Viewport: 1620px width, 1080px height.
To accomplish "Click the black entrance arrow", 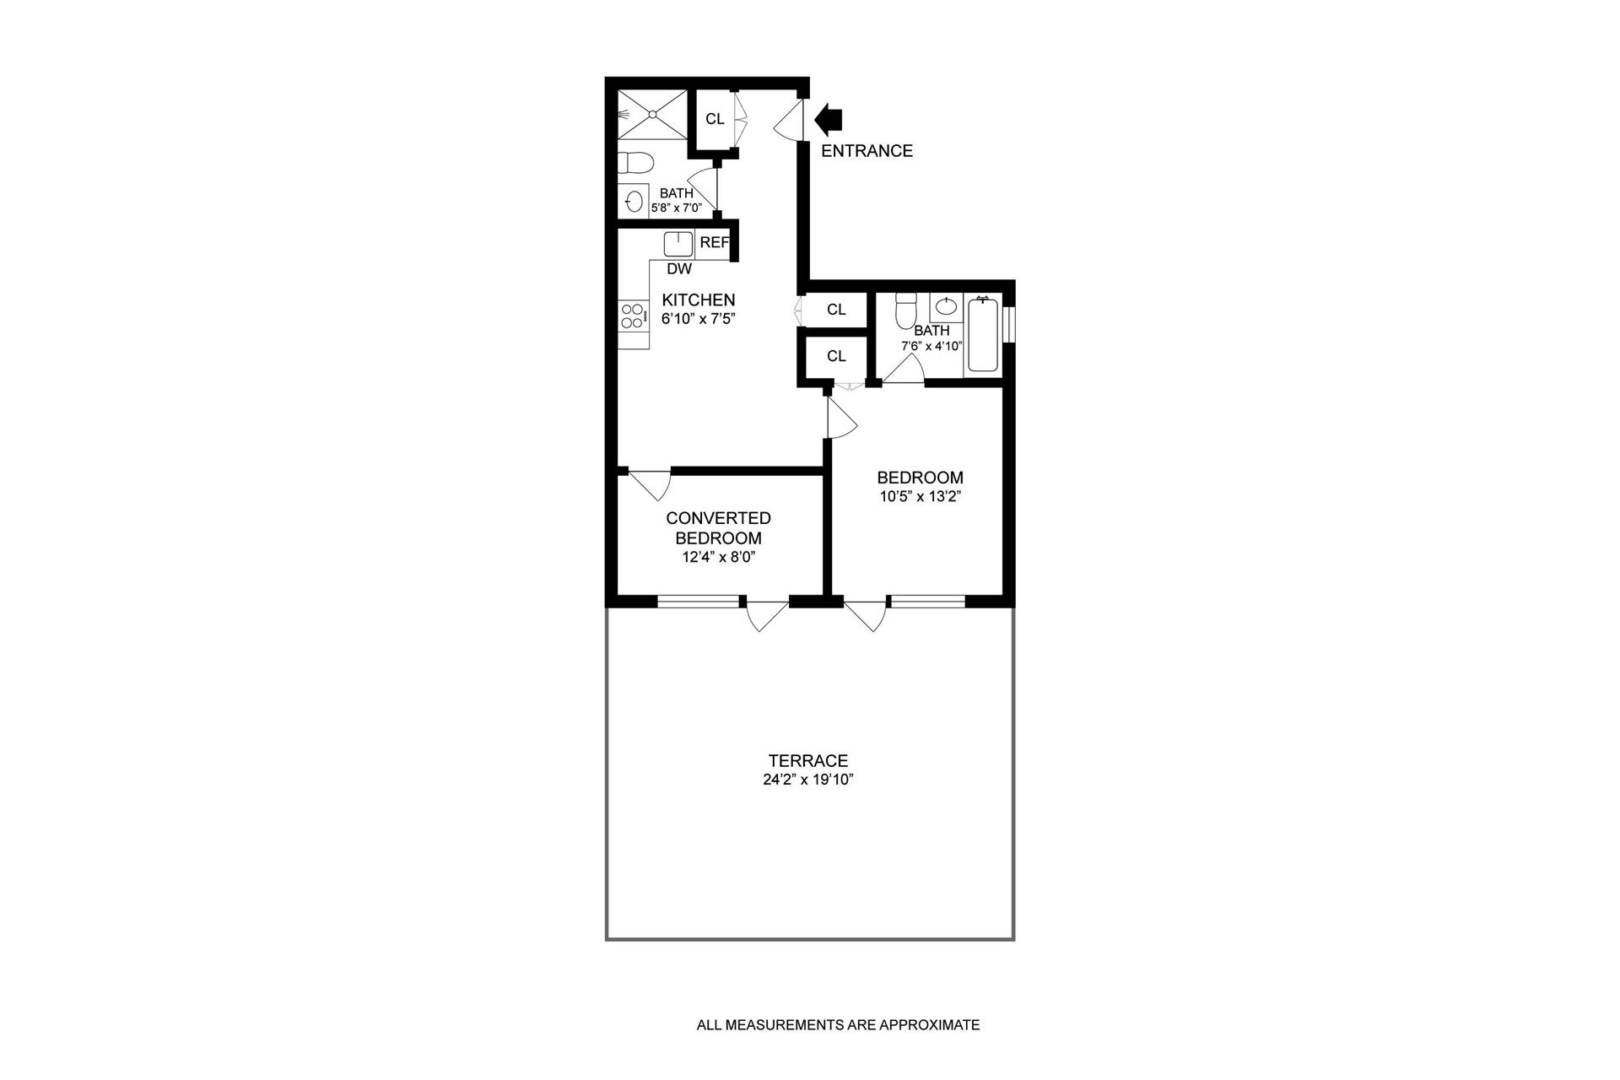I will (x=829, y=119).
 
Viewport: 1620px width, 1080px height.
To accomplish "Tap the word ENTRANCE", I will (x=867, y=151).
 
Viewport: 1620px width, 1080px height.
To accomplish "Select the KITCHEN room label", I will (x=698, y=300).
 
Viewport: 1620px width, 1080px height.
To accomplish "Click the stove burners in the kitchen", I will (x=630, y=316).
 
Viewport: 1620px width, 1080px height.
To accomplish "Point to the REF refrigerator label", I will (x=714, y=243).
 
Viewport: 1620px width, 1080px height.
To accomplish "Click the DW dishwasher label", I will (x=679, y=269).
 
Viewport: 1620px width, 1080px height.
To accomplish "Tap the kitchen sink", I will (x=678, y=244).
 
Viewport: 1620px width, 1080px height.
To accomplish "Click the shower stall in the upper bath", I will (x=651, y=115).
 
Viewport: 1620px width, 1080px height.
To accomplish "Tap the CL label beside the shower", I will (x=715, y=119).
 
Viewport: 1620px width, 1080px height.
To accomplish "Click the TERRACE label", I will (x=807, y=761).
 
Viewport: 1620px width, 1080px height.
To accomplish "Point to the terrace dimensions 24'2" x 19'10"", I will (x=808, y=780).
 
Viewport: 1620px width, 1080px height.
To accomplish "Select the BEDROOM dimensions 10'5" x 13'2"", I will (x=921, y=497).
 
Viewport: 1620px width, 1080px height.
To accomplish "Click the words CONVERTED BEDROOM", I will (x=718, y=528).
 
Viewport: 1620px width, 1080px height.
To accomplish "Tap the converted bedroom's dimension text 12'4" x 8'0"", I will (x=718, y=557).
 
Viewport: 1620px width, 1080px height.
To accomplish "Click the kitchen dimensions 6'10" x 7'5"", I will (x=698, y=319).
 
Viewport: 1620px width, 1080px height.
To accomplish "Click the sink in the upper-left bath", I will (x=634, y=202).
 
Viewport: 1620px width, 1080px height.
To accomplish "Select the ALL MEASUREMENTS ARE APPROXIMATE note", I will (x=838, y=1026).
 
